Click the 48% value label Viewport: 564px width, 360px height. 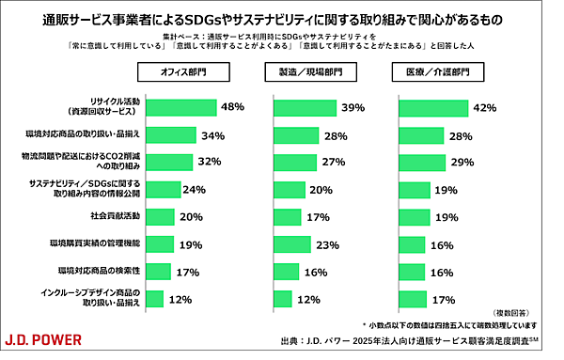click(x=232, y=107)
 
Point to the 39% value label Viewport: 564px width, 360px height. click(x=352, y=108)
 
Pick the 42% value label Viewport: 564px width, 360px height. click(x=484, y=108)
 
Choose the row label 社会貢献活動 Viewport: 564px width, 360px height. click(x=115, y=216)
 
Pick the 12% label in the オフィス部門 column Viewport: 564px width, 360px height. click(x=181, y=299)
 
